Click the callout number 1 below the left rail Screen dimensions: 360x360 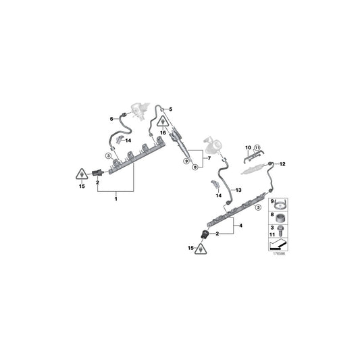[116, 199]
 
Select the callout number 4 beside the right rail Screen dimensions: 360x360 [240, 226]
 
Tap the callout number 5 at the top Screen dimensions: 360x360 [171, 109]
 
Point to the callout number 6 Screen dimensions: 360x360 [111, 119]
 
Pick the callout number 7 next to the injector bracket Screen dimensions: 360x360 [209, 158]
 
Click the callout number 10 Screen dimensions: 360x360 [248, 148]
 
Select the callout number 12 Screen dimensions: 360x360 [282, 164]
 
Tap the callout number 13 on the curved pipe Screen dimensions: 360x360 [238, 190]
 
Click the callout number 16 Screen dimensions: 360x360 [163, 133]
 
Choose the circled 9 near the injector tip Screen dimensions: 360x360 [186, 161]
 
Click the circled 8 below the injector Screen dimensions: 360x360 [195, 167]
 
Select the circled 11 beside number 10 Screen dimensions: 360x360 [257, 148]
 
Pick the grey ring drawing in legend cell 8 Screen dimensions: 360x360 [280, 218]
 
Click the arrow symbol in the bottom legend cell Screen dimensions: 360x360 [278, 245]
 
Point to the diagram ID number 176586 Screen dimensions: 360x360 [279, 254]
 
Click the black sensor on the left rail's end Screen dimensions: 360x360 [98, 173]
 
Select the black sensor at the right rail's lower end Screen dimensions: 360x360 [205, 234]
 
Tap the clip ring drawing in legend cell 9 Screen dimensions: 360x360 [280, 205]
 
